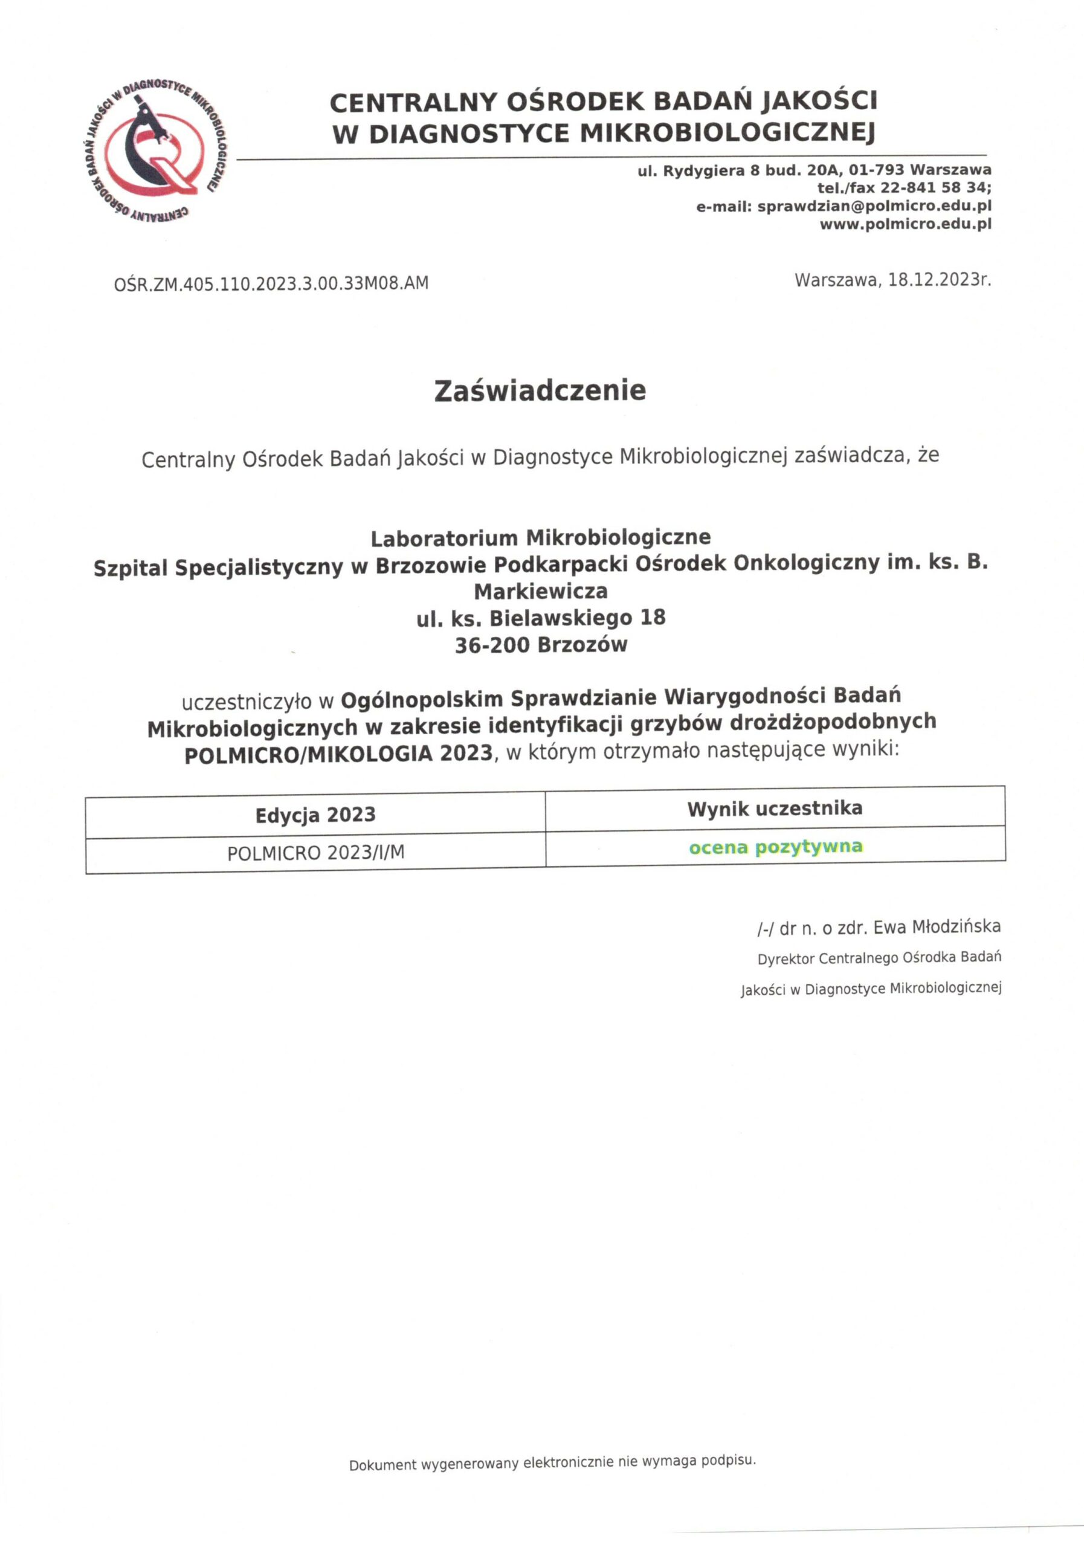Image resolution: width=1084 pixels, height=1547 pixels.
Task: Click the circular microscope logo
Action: tap(156, 152)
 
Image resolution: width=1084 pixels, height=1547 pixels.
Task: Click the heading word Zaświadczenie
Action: tap(540, 390)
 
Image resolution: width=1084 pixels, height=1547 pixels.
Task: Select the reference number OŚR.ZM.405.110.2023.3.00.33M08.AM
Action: tap(271, 283)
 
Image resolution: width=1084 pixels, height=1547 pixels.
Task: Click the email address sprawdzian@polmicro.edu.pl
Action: tap(874, 206)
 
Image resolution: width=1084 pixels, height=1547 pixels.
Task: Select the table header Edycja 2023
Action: tap(315, 815)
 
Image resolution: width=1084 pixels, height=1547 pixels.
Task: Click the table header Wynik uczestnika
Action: tap(775, 809)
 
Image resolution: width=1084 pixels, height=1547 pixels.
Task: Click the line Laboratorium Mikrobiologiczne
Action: tap(540, 538)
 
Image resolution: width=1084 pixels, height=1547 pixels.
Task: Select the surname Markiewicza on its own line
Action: tap(540, 592)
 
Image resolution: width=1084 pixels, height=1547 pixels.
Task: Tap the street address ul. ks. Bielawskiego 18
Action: tap(540, 618)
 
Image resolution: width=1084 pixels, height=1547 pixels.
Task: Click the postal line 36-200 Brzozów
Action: tap(540, 645)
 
